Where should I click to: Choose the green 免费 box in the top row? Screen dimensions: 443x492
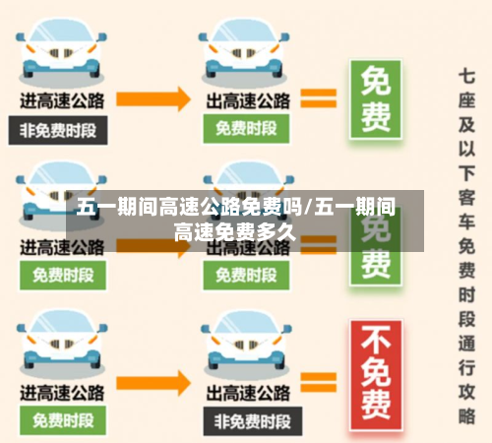[376, 98]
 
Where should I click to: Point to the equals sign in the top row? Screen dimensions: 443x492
[317, 97]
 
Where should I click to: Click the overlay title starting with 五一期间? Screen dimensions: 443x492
[236, 220]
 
